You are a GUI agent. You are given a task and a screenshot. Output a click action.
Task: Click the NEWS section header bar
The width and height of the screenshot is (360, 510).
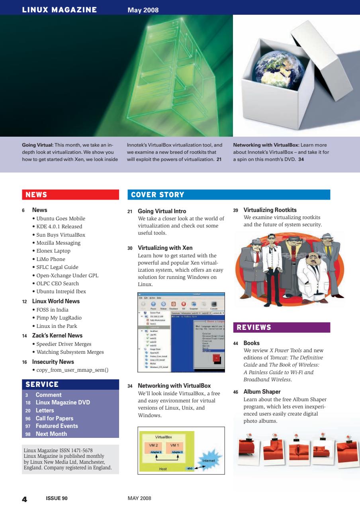[70, 195]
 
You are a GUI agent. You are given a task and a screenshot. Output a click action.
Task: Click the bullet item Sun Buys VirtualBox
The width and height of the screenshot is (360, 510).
[61, 235]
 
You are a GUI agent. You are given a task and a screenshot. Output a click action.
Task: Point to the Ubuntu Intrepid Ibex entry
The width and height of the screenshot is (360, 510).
[61, 291]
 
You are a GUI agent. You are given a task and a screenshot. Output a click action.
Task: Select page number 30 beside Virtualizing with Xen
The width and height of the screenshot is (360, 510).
[130, 248]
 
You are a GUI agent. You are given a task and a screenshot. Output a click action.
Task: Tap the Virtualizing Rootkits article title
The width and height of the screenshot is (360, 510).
[270, 210]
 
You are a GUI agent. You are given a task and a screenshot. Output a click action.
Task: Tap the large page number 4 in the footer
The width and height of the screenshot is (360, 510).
[24, 498]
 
